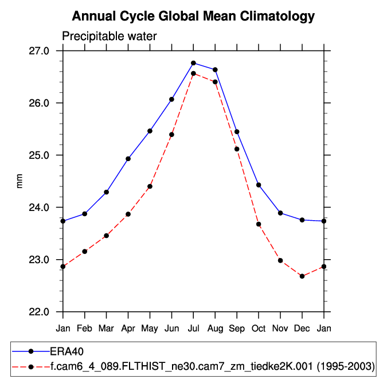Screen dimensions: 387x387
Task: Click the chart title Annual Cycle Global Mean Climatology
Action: pyautogui.click(x=193, y=16)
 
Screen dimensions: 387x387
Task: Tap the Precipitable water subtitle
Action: pyautogui.click(x=109, y=37)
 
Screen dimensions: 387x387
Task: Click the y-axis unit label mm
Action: pyautogui.click(x=20, y=181)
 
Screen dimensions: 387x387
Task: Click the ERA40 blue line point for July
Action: pyautogui.click(x=193, y=63)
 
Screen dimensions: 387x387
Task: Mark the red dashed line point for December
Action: pyautogui.click(x=302, y=276)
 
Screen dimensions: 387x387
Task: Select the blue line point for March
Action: pyautogui.click(x=106, y=192)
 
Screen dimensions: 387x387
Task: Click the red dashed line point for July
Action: pyautogui.click(x=193, y=73)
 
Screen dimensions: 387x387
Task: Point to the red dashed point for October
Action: pyautogui.click(x=259, y=224)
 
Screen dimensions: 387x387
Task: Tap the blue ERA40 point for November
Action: pyautogui.click(x=280, y=213)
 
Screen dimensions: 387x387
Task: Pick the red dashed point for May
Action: pyautogui.click(x=150, y=186)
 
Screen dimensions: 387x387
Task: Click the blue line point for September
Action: pyautogui.click(x=237, y=132)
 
